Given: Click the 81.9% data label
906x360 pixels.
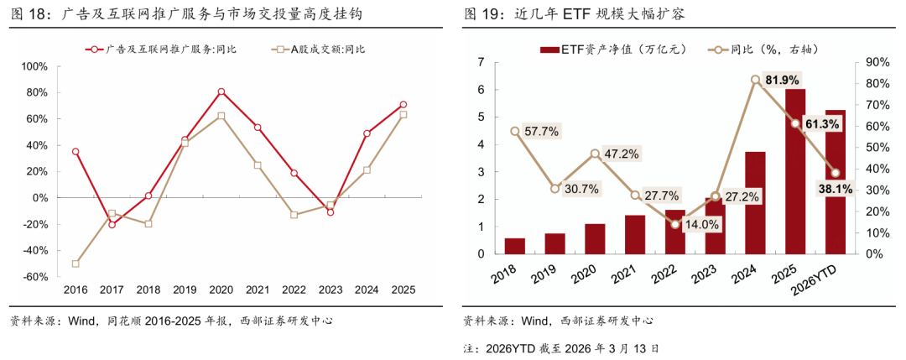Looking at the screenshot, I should coord(783,80).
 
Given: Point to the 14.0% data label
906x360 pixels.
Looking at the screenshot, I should coord(702,224).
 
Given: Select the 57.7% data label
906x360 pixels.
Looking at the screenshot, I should coord(541,132).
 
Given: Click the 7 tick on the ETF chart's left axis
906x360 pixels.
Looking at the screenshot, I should coord(481,62).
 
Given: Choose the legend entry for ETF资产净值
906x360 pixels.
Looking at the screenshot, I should coord(605,49).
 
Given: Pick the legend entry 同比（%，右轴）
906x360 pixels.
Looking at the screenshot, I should coord(755,49).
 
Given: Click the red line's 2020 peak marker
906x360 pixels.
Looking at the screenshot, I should coord(221,91).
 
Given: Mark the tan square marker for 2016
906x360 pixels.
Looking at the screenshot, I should coord(75,263).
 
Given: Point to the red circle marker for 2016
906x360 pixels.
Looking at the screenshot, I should coord(75,152).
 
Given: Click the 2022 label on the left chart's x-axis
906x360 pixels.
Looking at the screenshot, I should coord(294,290).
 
